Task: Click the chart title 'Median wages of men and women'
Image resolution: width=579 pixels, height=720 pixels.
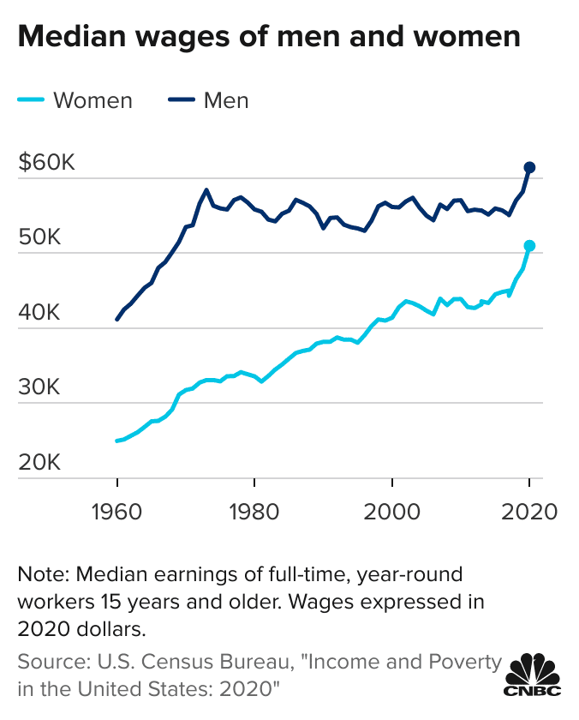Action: pos(268,37)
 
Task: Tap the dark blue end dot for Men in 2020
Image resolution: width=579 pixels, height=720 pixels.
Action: pos(529,167)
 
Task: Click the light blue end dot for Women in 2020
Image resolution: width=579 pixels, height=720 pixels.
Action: pos(529,246)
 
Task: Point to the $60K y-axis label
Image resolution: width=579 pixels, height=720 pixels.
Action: pos(46,163)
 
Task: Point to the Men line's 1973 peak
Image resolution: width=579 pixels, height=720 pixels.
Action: pos(206,189)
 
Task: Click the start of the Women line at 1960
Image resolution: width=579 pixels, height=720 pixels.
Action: pos(117,441)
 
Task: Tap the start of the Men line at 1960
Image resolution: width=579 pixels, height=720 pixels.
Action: pos(117,319)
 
